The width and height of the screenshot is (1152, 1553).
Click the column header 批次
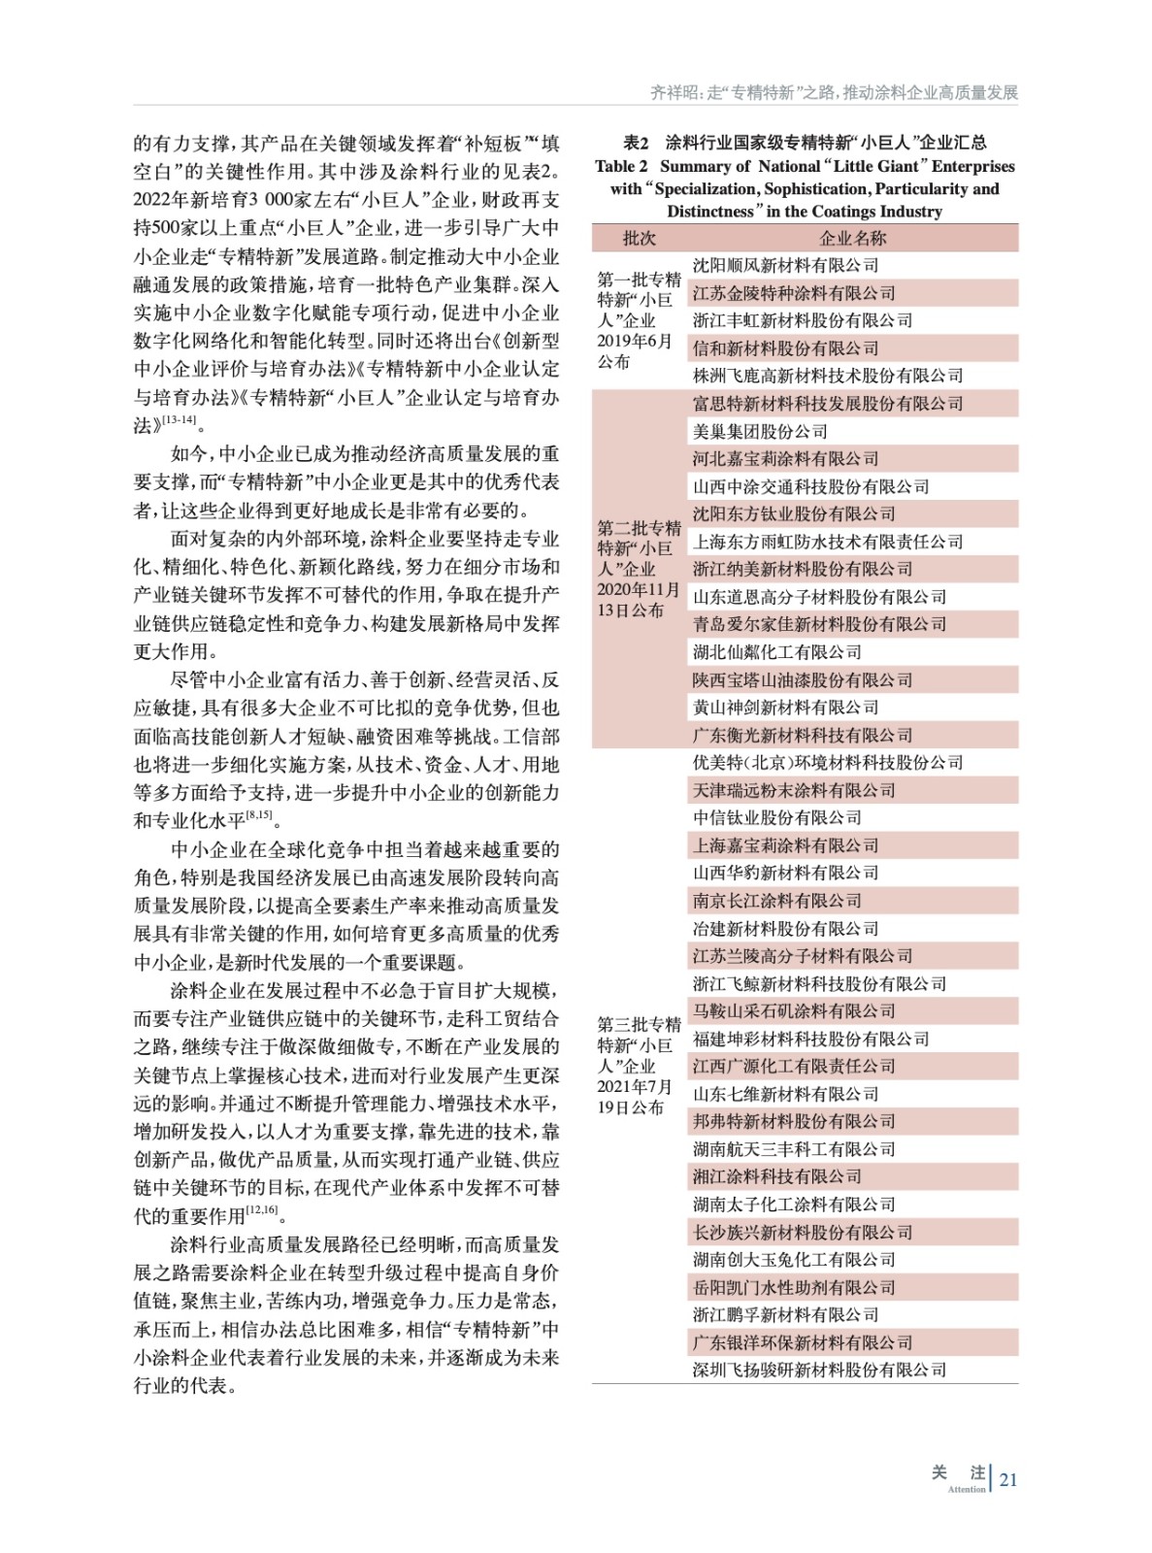pyautogui.click(x=639, y=238)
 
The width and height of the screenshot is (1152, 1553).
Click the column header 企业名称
pyautogui.click(x=853, y=238)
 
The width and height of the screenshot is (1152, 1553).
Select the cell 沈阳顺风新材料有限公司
pyautogui.click(x=785, y=265)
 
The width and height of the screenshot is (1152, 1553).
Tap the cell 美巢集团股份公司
pyautogui.click(x=760, y=431)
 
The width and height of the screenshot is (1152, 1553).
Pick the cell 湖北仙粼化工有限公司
pyautogui.click(x=776, y=652)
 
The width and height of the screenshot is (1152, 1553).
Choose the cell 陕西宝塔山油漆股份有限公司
pyautogui.click(x=803, y=680)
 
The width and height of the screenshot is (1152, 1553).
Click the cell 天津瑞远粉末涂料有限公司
pyautogui.click(x=794, y=790)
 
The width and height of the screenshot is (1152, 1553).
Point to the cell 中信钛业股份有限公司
pyautogui.click(x=776, y=818)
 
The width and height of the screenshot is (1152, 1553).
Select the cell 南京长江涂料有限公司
pyautogui.click(x=776, y=901)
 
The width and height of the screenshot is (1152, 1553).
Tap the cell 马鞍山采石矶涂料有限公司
pyautogui.click(x=794, y=1011)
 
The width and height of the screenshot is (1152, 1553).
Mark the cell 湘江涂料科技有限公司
pyautogui.click(x=776, y=1176)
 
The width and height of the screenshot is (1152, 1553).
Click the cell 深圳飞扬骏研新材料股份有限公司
pyautogui.click(x=819, y=1370)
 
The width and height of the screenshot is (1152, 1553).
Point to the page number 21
pyautogui.click(x=1008, y=1479)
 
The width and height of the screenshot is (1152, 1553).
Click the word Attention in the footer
pyautogui.click(x=967, y=1489)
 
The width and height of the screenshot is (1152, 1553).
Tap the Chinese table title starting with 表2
pyautogui.click(x=805, y=143)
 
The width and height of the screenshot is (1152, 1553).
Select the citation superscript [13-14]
pyautogui.click(x=179, y=419)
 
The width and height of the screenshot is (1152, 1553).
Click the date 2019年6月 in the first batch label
pyautogui.click(x=634, y=341)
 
